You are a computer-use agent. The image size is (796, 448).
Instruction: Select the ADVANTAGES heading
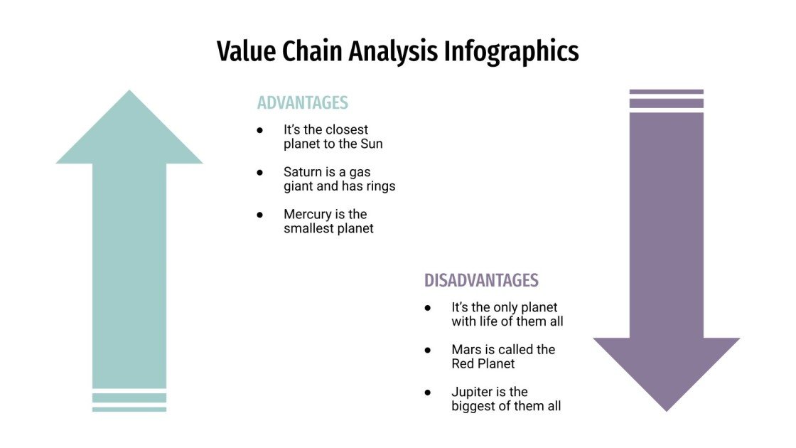pyautogui.click(x=303, y=102)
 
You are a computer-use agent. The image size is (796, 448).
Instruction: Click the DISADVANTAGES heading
pyautogui.click(x=481, y=280)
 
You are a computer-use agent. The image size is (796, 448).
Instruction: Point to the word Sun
pyautogui.click(x=370, y=144)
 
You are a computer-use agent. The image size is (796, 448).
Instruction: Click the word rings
pyautogui.click(x=380, y=186)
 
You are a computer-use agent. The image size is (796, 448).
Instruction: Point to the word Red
pyautogui.click(x=463, y=363)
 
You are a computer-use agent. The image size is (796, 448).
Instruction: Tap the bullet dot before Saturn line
pyautogui.click(x=260, y=173)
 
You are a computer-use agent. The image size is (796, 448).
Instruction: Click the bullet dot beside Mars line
pyautogui.click(x=428, y=350)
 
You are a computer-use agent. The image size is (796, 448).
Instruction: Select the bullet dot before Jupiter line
pyautogui.click(x=428, y=392)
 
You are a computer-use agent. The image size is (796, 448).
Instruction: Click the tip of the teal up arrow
pyautogui.click(x=129, y=92)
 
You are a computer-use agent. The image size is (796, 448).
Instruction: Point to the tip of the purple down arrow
pyautogui.click(x=667, y=409)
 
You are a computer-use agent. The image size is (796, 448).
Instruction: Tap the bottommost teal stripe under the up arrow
pyautogui.click(x=129, y=409)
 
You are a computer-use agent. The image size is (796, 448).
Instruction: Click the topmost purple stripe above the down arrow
pyautogui.click(x=667, y=92)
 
